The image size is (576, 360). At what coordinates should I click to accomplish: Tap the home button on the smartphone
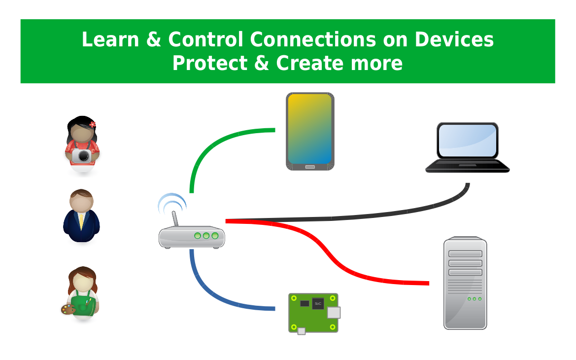[x=310, y=167]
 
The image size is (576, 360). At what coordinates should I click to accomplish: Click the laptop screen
[x=467, y=140]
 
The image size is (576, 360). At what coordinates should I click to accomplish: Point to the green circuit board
[x=313, y=313]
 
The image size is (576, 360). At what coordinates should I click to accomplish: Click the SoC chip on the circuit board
[x=318, y=303]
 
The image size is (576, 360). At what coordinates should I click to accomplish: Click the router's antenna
[x=174, y=220]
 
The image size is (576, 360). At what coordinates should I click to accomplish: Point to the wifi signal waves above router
[x=170, y=202]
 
